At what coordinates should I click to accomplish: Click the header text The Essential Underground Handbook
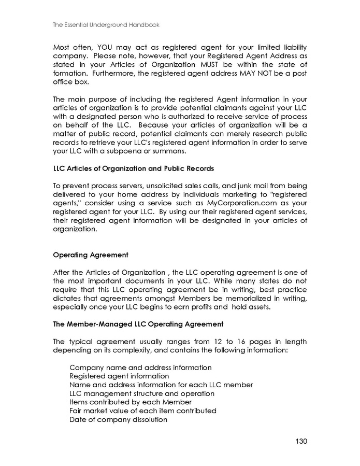tap(106, 24)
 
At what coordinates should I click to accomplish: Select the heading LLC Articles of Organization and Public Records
tap(134, 169)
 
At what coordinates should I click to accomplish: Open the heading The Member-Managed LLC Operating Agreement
tap(138, 324)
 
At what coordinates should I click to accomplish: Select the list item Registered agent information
tap(119, 376)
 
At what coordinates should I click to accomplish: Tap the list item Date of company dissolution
tap(118, 419)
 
